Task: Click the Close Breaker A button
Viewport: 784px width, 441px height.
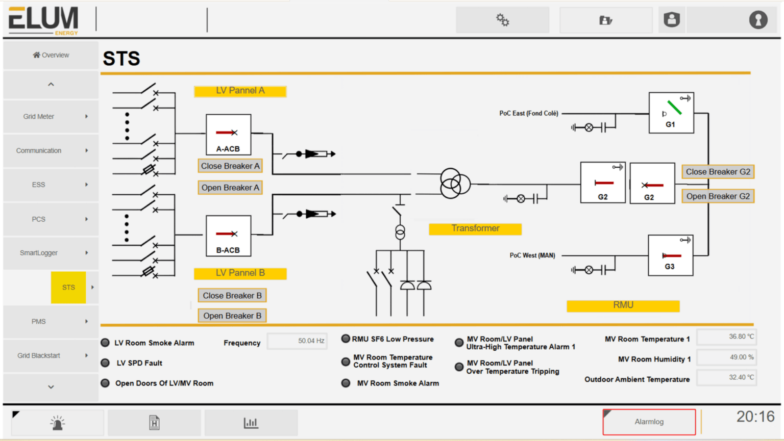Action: [x=230, y=166]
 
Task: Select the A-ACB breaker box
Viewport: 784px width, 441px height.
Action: [x=228, y=135]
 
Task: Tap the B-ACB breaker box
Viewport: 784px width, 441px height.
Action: [x=228, y=236]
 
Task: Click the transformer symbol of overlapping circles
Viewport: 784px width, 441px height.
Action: [x=455, y=183]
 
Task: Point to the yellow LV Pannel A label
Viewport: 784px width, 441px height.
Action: [x=240, y=91]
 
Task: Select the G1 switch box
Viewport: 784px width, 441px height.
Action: [x=671, y=113]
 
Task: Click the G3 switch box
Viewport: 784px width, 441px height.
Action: [x=670, y=255]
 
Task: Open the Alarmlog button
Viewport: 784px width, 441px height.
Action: [x=649, y=422]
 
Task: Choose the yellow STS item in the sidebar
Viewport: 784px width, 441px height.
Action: [x=68, y=288]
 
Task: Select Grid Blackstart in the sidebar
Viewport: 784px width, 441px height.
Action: [x=39, y=355]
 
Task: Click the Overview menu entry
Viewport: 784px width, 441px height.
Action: [x=51, y=55]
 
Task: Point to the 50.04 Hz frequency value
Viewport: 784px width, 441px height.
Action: [x=298, y=341]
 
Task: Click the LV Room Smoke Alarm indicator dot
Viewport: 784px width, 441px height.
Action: [x=105, y=343]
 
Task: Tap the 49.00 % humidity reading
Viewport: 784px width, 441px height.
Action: [x=726, y=357]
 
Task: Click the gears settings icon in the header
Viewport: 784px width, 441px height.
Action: [x=502, y=20]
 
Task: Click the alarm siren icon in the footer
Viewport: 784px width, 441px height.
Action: [x=57, y=423]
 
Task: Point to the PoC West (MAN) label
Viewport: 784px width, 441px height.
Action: [x=532, y=255]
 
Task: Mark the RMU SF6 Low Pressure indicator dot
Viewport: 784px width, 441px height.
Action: [x=346, y=339]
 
